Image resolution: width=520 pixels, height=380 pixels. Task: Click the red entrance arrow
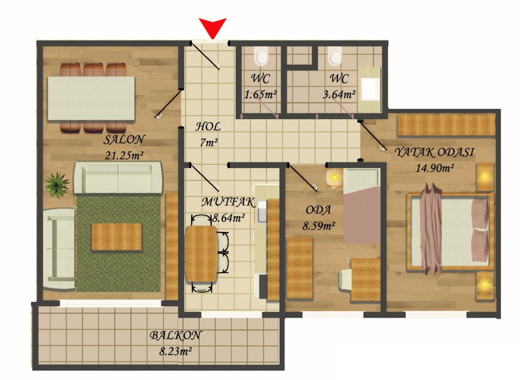coord(212,27)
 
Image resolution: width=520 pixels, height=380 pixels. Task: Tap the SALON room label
coord(124,139)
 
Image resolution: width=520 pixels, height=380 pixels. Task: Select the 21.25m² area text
coord(123,155)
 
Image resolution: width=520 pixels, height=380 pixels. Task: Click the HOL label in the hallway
coord(208,126)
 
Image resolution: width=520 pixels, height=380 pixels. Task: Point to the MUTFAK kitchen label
coord(229,202)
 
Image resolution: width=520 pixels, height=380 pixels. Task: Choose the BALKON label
coord(175,335)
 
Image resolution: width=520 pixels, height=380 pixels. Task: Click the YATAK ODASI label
coord(434,152)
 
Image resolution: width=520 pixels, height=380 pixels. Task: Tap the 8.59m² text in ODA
coord(318,226)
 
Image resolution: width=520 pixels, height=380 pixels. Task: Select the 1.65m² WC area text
coord(261,94)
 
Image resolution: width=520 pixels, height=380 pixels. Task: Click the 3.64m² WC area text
coord(339,94)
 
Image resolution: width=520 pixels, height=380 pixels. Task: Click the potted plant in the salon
coord(57,185)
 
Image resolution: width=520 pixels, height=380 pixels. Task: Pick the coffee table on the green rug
coord(116,237)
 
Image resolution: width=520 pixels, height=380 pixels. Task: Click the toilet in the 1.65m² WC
coord(261,55)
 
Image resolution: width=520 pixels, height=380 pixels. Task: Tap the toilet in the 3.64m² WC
coord(335,55)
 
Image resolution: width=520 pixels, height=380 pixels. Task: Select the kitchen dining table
coord(201,254)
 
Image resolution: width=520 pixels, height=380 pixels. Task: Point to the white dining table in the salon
coord(91,98)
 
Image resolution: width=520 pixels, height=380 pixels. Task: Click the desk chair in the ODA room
coord(345,279)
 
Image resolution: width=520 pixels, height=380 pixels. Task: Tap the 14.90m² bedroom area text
coord(434,168)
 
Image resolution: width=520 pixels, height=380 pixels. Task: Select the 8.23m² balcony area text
coord(175,351)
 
